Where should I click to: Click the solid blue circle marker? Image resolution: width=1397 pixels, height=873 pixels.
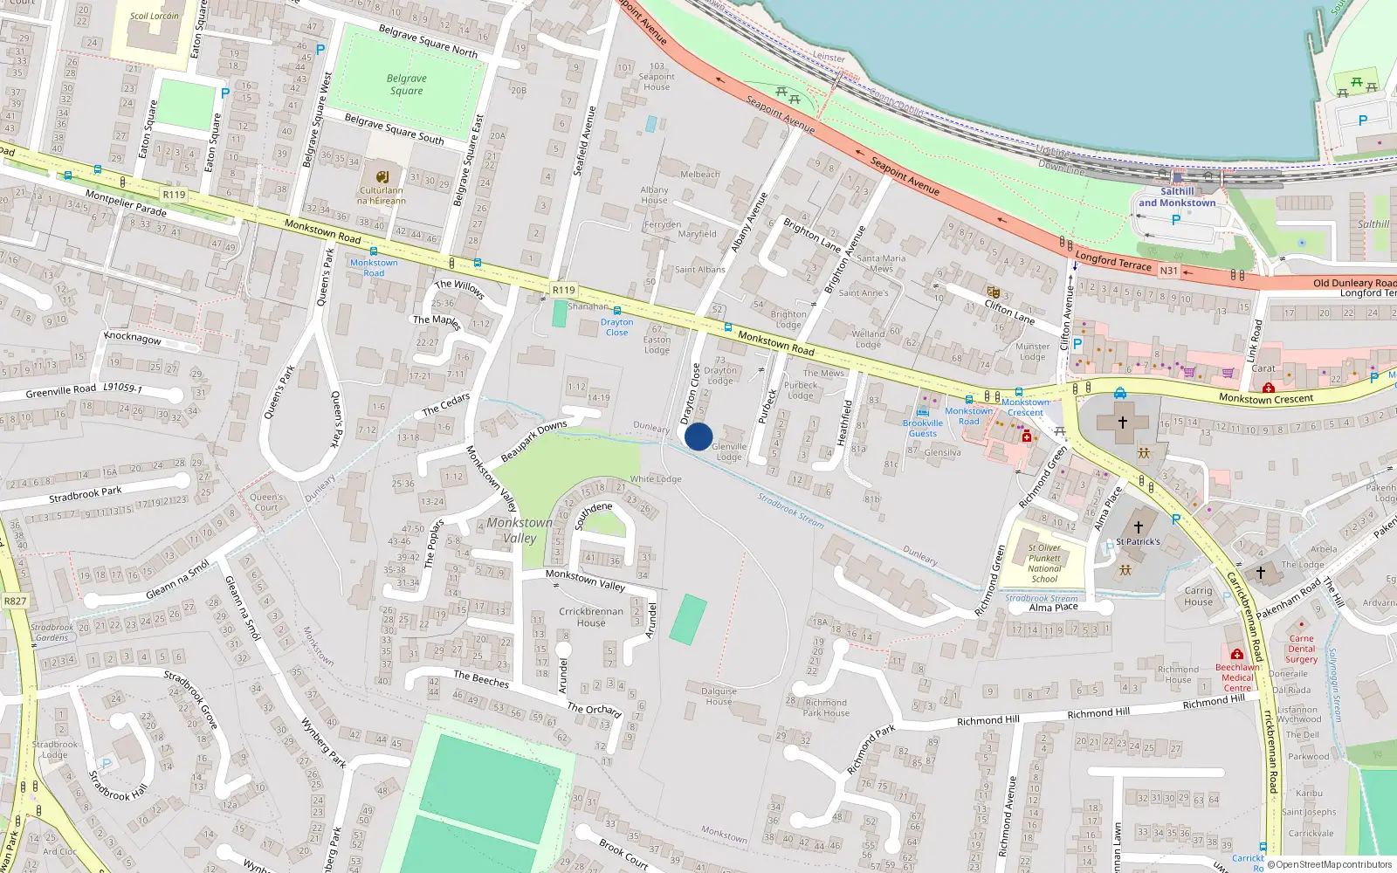pos(698,436)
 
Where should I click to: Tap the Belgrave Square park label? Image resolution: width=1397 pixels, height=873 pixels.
pos(406,85)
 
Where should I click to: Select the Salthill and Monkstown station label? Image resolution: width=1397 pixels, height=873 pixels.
pos(1177,197)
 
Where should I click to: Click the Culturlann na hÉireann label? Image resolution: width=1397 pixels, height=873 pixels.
pos(382,195)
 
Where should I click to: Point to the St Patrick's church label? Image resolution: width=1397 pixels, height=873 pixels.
pos(1138,541)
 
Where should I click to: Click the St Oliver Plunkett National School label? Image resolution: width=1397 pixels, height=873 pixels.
pos(1044,563)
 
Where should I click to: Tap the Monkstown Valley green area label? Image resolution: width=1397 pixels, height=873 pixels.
pos(520,530)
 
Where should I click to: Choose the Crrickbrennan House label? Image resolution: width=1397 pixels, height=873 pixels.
pos(591,617)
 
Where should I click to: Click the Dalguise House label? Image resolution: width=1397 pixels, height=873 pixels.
pos(719,696)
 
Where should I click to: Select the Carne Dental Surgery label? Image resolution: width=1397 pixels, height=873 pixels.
pos(1301,649)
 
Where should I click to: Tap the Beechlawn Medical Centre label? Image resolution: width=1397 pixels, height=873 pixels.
pos(1237,677)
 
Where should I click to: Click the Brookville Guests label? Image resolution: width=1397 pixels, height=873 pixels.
pos(923,428)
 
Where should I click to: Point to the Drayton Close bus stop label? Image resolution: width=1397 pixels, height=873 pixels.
pos(617,327)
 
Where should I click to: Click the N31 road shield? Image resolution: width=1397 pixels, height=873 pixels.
pos(1168,271)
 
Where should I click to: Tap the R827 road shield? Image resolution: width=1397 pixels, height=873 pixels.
pos(15,601)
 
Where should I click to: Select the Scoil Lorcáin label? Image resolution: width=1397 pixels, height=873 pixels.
pos(154,16)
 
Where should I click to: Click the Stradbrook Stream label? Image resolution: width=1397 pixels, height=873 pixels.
pos(790,510)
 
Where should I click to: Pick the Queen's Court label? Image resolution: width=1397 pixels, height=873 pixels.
pos(266,502)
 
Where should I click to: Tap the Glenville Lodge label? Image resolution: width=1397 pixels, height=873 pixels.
pos(729,451)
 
